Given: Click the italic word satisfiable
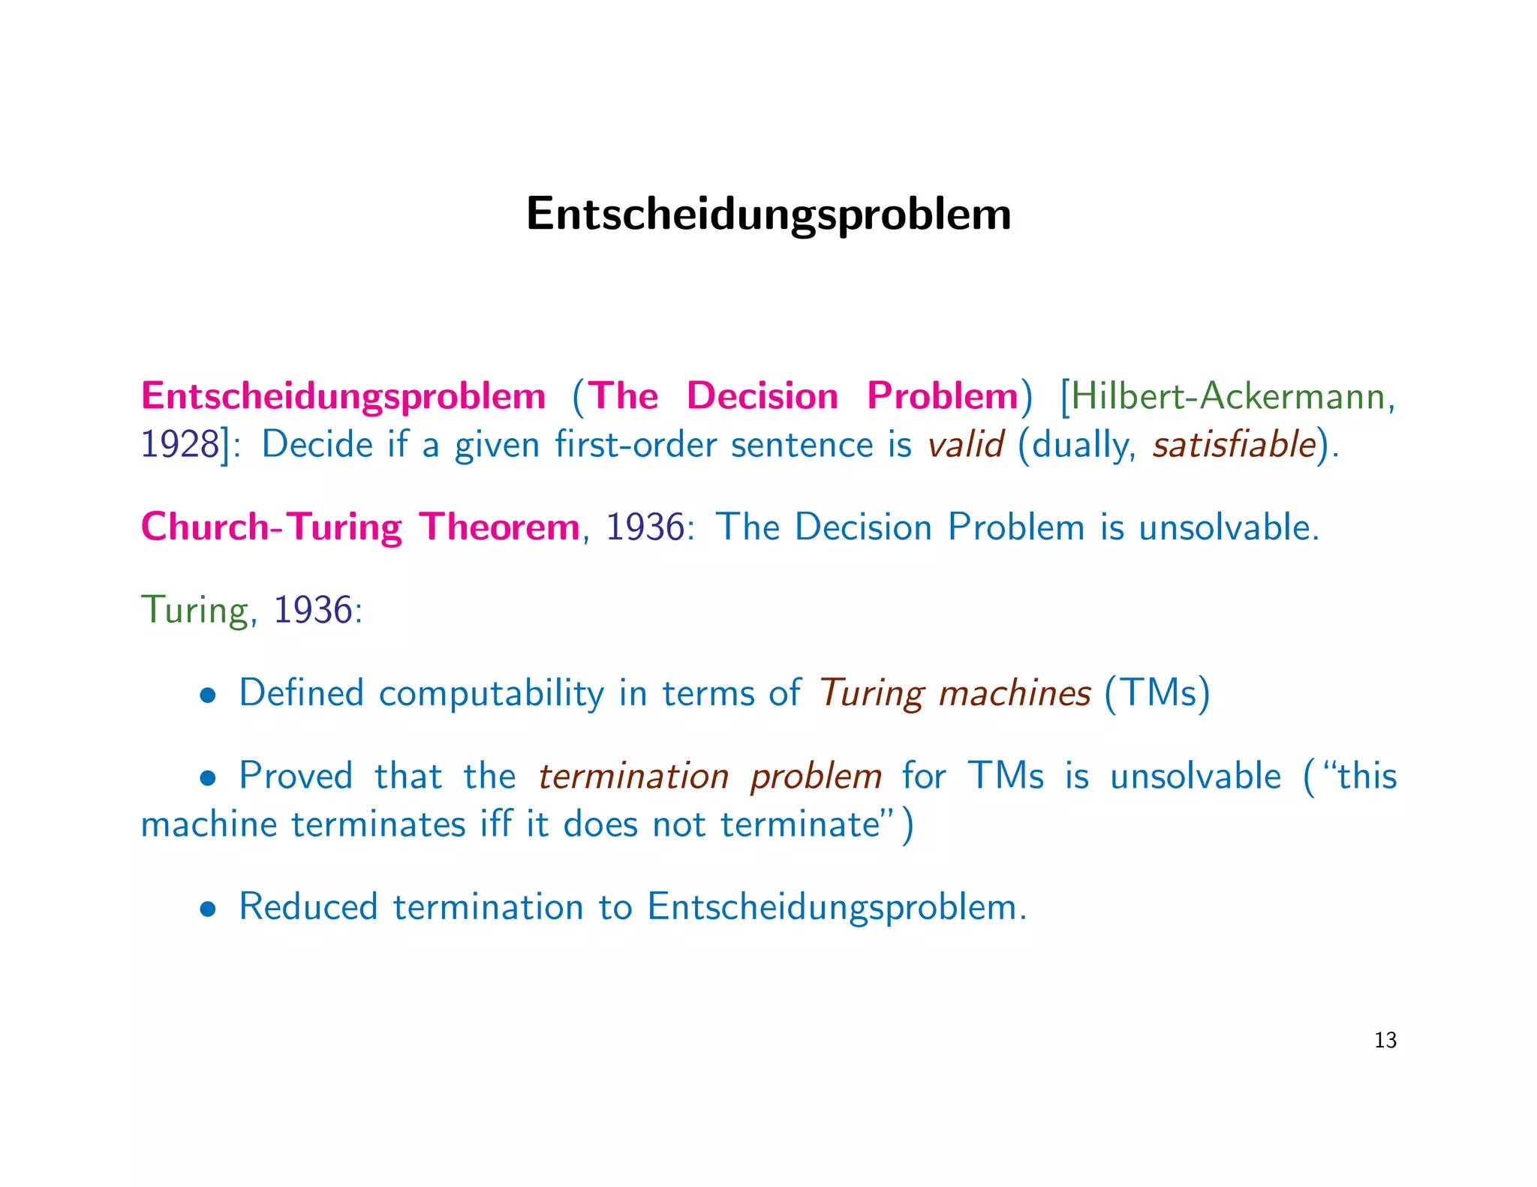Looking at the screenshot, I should click(1235, 445).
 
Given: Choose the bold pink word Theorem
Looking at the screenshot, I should click(500, 527).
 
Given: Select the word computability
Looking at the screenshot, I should click(491, 693).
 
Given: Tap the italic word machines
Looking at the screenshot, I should click(1015, 693).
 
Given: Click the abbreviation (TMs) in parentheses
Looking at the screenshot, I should click(1157, 693).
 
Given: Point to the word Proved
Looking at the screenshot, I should click(296, 776).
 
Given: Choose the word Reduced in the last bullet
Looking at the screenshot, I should click(308, 906).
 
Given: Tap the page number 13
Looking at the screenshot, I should click(1385, 1040).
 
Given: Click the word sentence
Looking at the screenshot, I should click(802, 446).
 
